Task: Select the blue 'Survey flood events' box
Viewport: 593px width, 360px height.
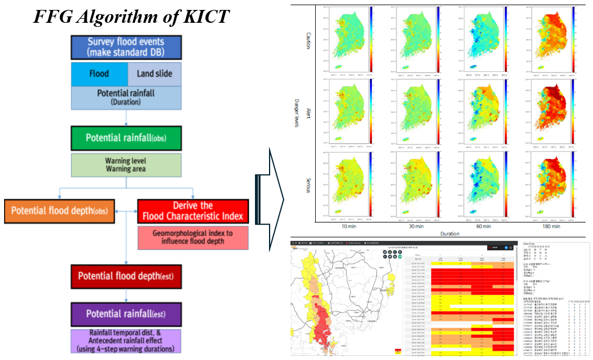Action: click(x=126, y=47)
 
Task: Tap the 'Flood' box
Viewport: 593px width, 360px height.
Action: click(x=99, y=74)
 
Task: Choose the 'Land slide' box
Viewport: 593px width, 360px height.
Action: click(x=154, y=74)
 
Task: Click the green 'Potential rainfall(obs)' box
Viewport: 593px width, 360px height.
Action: click(x=126, y=138)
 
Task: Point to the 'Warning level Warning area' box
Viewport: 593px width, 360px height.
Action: click(x=126, y=164)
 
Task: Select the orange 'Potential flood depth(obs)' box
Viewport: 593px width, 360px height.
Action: click(x=60, y=210)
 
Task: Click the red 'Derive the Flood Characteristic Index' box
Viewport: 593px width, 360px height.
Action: click(x=193, y=212)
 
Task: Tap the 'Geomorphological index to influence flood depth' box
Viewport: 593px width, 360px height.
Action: click(x=192, y=237)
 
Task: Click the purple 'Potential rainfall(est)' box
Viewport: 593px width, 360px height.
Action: click(x=126, y=314)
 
